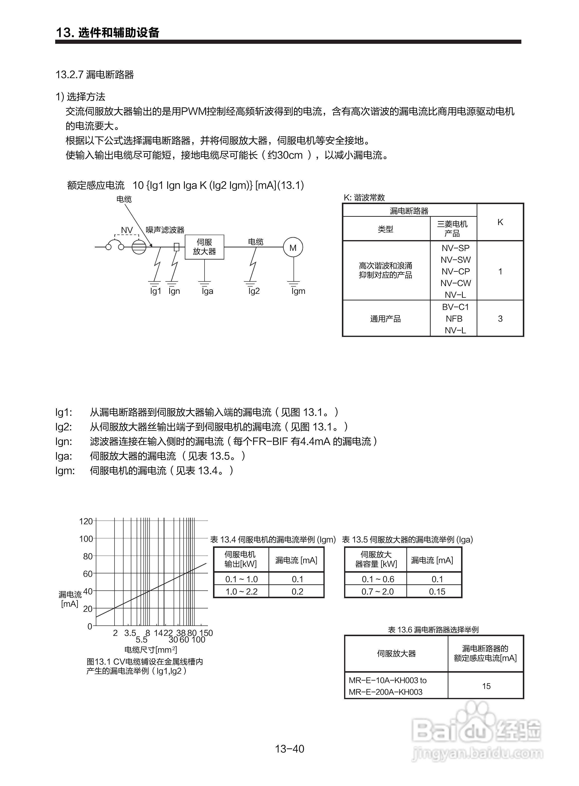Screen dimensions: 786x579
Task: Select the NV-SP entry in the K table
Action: pos(455,248)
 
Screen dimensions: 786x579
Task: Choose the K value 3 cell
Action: pos(500,319)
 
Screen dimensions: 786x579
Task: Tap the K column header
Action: pos(500,222)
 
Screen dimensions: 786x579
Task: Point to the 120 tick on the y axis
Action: pos(86,521)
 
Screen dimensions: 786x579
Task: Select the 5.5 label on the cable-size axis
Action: pos(142,640)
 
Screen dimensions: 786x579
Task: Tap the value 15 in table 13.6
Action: pos(486,686)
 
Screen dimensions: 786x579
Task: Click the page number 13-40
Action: pos(289,749)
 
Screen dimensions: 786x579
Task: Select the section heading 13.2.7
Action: pos(95,75)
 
